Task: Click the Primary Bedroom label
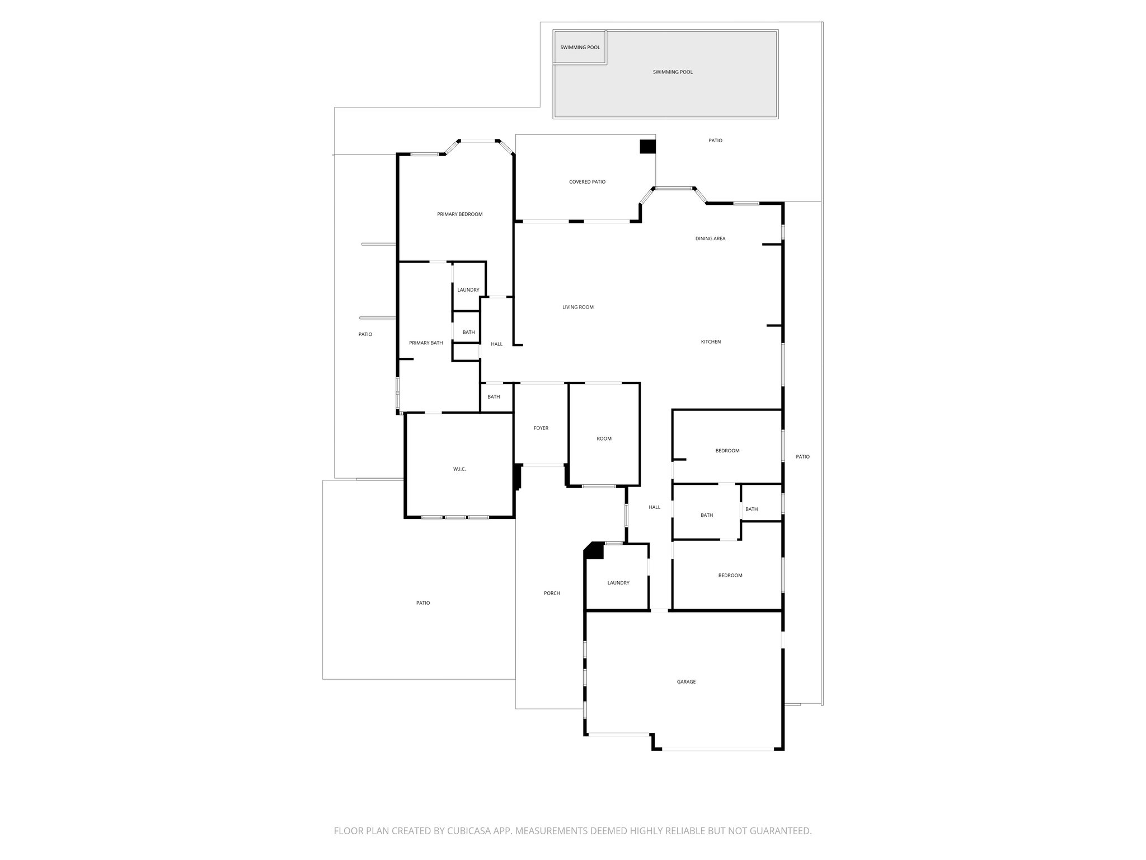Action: click(x=459, y=214)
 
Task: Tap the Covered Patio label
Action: click(x=587, y=182)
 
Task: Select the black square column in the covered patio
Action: click(x=647, y=147)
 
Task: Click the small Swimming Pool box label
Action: click(x=580, y=48)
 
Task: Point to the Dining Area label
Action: click(x=710, y=239)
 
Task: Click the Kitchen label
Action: click(x=711, y=342)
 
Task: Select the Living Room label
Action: click(x=577, y=307)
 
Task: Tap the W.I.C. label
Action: click(x=459, y=469)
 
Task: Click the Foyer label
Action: click(x=541, y=428)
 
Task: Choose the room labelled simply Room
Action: click(x=604, y=439)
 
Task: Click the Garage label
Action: click(x=686, y=682)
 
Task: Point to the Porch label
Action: click(x=552, y=593)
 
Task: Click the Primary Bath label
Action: click(x=426, y=343)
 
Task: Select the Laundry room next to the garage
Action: click(x=618, y=583)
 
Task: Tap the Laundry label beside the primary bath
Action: click(x=468, y=290)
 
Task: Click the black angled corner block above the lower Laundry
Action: click(x=594, y=550)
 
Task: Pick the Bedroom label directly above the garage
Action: click(x=730, y=576)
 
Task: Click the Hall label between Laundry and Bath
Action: click(x=654, y=507)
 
